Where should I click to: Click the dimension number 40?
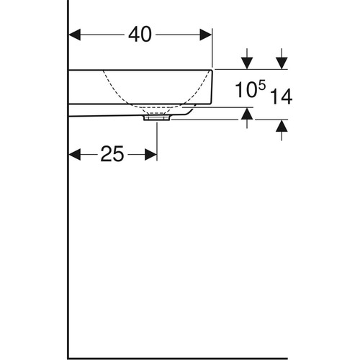pos(140,35)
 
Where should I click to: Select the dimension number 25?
pos(112,154)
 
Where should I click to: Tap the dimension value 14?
pos(282,96)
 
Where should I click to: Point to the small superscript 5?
pos(262,86)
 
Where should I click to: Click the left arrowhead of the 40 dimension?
pos(75,35)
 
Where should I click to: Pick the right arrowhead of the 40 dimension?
pos(206,35)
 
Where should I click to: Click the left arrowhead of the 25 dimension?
pos(75,154)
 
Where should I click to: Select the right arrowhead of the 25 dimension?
pos(151,154)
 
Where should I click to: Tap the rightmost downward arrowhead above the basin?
pos(282,63)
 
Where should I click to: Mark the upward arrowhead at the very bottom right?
pos(282,126)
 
